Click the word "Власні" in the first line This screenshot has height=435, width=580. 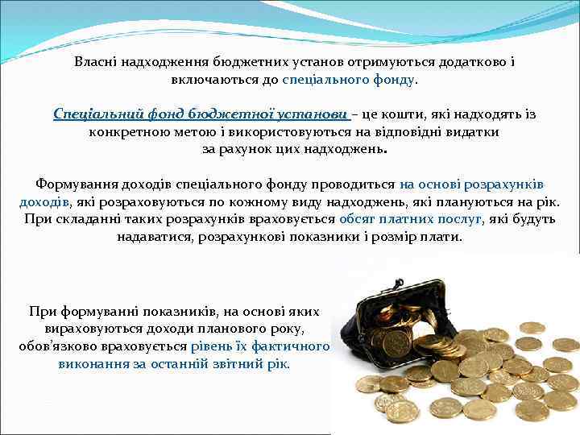pyautogui.click(x=95, y=61)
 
